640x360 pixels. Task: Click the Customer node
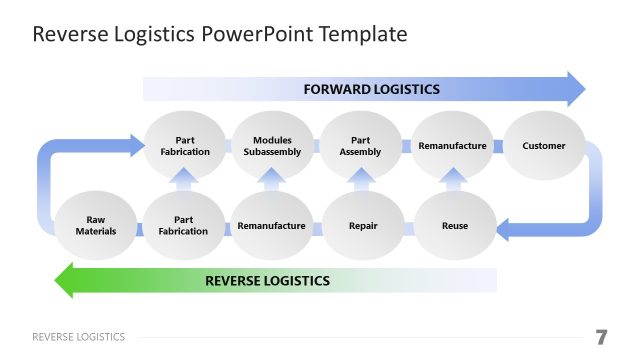click(544, 146)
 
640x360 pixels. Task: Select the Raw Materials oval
click(96, 226)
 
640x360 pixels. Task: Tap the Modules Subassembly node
click(272, 146)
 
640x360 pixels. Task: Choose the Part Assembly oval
click(361, 146)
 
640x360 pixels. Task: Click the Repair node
click(362, 226)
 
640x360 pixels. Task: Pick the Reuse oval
click(454, 226)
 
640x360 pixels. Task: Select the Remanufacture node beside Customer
click(452, 146)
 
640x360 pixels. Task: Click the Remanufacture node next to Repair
click(271, 226)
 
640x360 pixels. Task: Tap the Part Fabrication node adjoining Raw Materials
click(183, 226)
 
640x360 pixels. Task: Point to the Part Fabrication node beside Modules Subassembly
click(185, 146)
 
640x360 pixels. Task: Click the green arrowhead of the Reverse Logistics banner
click(69, 280)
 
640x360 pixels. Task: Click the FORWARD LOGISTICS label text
click(371, 89)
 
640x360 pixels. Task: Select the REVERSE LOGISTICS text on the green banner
click(267, 280)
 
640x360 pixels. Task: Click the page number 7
click(600, 336)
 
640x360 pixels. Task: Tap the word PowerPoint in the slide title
click(260, 35)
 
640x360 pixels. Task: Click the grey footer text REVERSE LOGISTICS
click(79, 337)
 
